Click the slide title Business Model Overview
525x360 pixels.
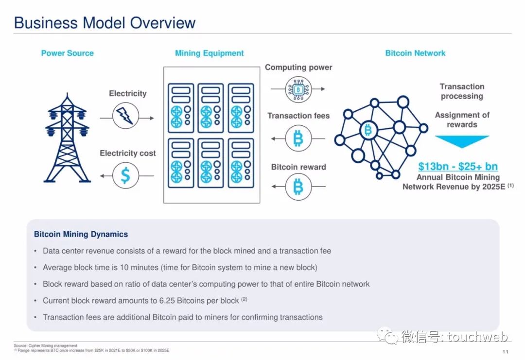point(105,23)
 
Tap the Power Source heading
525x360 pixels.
point(67,53)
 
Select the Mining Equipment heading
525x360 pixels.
point(209,53)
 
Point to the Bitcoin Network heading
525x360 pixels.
point(415,53)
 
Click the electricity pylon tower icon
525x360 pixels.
point(67,138)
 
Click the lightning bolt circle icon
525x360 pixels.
point(125,116)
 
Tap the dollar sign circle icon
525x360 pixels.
point(125,175)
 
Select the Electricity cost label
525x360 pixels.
point(127,153)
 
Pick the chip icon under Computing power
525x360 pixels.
point(298,89)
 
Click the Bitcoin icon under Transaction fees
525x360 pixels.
point(298,138)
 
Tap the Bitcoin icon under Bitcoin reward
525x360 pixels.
point(298,187)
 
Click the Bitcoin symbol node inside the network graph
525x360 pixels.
point(368,130)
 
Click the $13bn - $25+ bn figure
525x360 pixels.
point(458,166)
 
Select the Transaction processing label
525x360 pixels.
point(462,91)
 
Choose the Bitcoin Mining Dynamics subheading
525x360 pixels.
point(81,234)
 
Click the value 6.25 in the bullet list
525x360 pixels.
point(167,301)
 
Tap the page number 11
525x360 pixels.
point(505,351)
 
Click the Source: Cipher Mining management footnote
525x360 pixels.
point(46,345)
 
